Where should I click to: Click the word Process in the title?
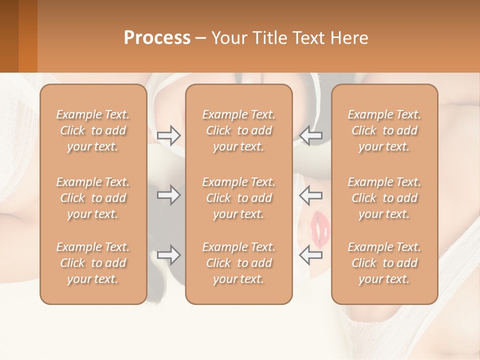point(157,38)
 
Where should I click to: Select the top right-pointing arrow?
point(169,135)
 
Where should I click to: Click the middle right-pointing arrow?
point(169,195)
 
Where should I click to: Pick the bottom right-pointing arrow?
point(169,255)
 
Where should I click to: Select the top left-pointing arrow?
point(311,135)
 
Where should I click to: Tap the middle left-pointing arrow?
point(311,195)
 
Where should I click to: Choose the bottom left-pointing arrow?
point(311,255)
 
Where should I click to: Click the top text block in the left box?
point(93,130)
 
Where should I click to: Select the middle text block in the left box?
point(93,198)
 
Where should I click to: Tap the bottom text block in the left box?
point(93,263)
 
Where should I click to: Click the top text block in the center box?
point(238,130)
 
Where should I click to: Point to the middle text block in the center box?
point(238,198)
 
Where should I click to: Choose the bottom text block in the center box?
point(238,263)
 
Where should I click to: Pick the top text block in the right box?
point(384,130)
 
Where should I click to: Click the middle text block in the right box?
point(384,198)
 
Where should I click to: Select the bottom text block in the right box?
point(384,263)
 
